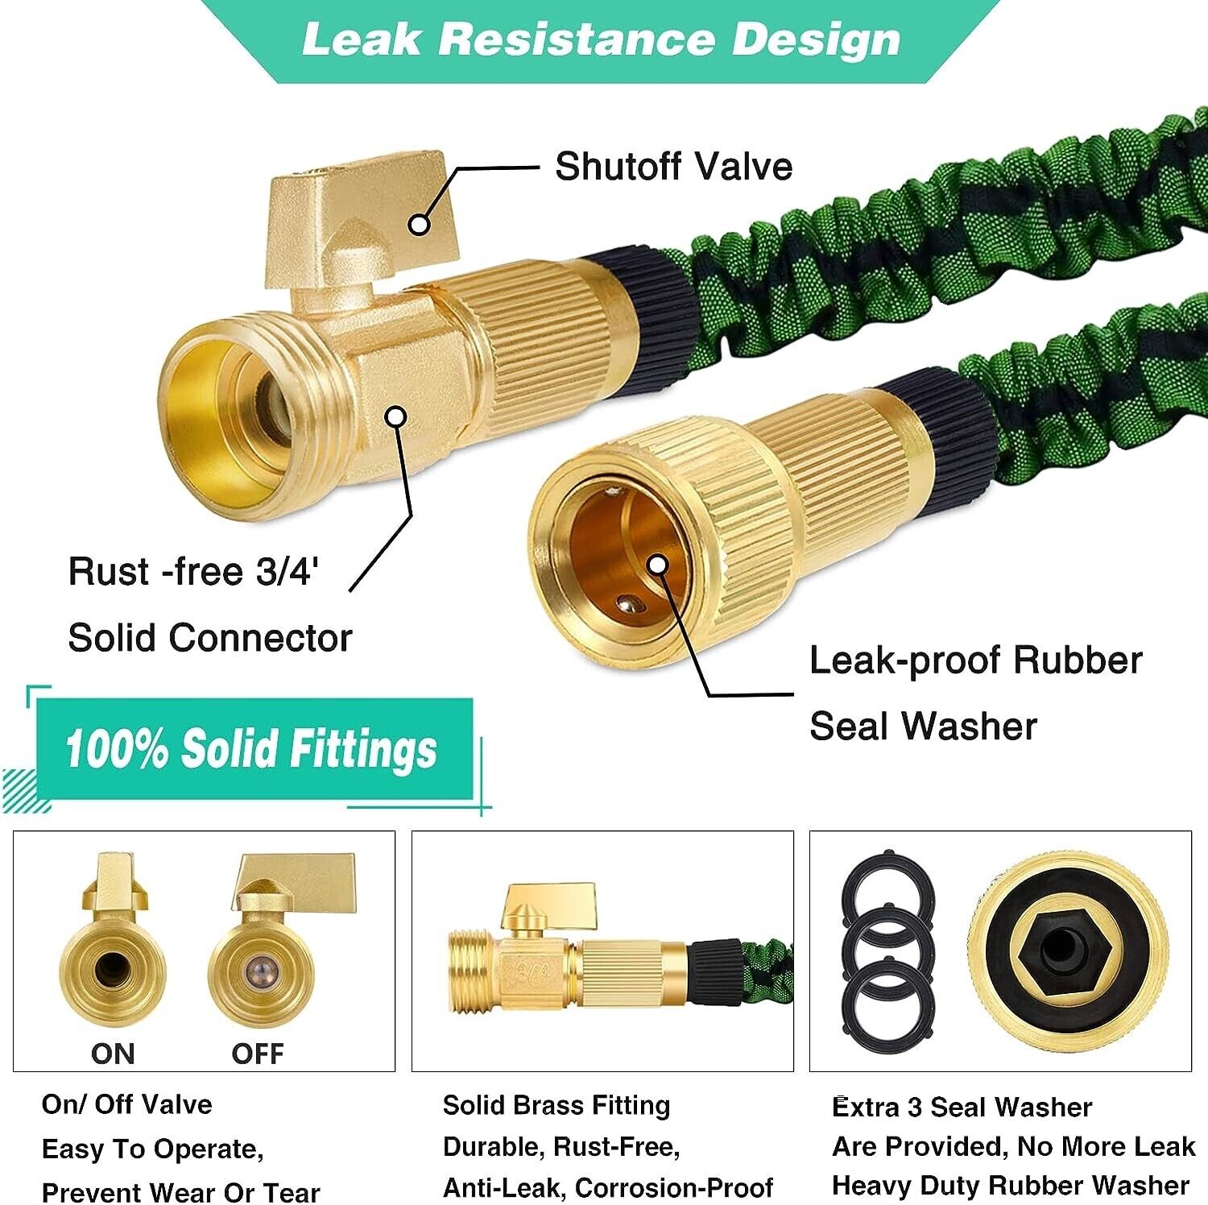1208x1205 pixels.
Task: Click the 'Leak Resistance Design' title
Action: pos(601,40)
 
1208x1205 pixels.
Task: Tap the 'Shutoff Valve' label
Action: pos(673,167)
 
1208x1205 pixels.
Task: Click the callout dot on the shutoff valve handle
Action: pos(419,224)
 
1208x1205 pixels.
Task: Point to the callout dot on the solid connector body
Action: pos(395,416)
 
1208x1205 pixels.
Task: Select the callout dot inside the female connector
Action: pos(658,565)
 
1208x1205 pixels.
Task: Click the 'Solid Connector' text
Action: pos(210,638)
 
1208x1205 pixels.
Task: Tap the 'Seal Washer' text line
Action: pos(923,726)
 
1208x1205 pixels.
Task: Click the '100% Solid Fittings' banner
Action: pos(252,748)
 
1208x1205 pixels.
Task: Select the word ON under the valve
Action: pos(113,1054)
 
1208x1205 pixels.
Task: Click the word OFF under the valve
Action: pos(258,1054)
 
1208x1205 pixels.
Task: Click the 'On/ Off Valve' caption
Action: pos(126,1104)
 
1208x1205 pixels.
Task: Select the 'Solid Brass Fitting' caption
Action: pos(556,1105)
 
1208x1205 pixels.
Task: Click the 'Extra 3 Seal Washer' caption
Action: pos(962,1107)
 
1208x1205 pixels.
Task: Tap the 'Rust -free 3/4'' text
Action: pos(193,572)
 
